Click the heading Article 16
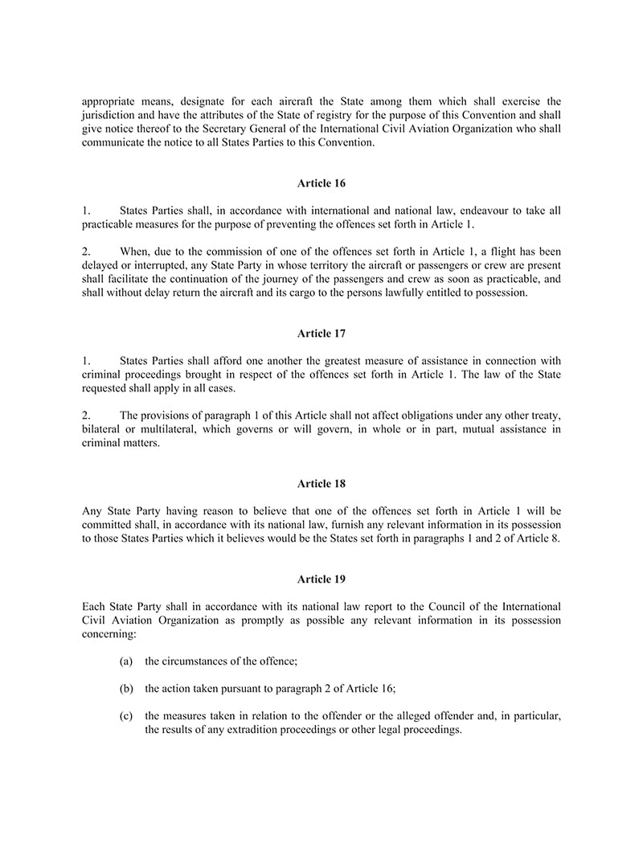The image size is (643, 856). coord(321,183)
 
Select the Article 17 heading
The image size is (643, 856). coord(321,333)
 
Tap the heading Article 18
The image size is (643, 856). coord(321,483)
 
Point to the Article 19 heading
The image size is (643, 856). coord(321,579)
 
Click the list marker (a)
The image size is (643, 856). coord(126,661)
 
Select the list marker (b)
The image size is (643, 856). coord(126,688)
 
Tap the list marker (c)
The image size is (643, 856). coord(126,715)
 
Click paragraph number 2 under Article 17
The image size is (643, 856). coord(86,415)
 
